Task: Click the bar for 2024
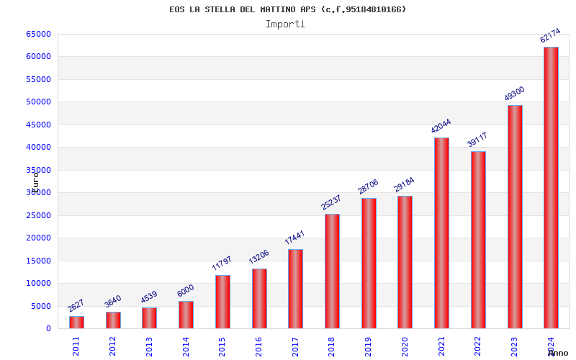click(x=551, y=187)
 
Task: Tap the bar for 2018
click(x=332, y=271)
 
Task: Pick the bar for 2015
click(x=222, y=302)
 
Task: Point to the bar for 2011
click(x=76, y=322)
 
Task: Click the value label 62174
click(x=550, y=36)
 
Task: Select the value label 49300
click(x=514, y=94)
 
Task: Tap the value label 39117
click(x=477, y=140)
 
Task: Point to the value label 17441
click(x=295, y=238)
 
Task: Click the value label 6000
click(x=186, y=290)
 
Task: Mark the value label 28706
click(x=368, y=186)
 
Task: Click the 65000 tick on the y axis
click(x=39, y=34)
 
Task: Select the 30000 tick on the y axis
click(x=39, y=192)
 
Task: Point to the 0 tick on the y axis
click(x=48, y=328)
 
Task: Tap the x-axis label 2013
click(x=149, y=346)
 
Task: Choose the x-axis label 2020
click(x=405, y=346)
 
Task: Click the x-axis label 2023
click(x=514, y=346)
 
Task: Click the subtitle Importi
click(x=285, y=24)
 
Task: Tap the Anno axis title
click(x=558, y=353)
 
